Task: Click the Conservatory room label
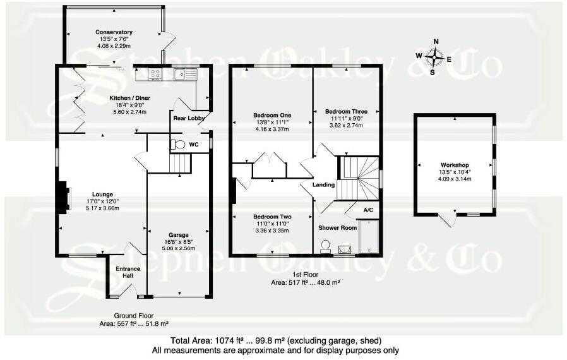click(114, 32)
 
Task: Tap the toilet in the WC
click(178, 145)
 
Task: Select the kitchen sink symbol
click(185, 74)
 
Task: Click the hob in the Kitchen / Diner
click(156, 74)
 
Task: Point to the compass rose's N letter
click(436, 42)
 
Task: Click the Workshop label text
click(455, 165)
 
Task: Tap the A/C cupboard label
click(368, 210)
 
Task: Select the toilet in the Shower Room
click(325, 246)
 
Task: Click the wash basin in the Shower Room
click(345, 249)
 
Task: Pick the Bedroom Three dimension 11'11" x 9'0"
click(346, 118)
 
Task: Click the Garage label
click(178, 235)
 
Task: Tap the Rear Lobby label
click(189, 118)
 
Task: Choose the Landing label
click(323, 185)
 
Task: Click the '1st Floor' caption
click(305, 275)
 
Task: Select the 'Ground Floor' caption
click(134, 316)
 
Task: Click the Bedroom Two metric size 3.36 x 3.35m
click(272, 231)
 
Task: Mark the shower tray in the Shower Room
click(369, 236)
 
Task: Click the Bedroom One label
click(272, 116)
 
